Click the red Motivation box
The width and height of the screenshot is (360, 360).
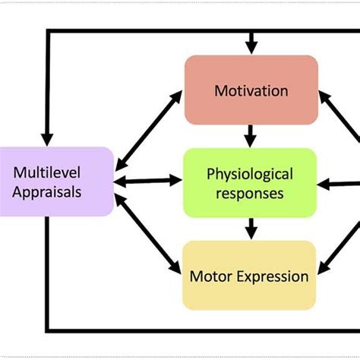click(251, 90)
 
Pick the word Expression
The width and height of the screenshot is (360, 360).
click(272, 276)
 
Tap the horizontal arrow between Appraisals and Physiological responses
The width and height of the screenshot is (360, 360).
click(149, 182)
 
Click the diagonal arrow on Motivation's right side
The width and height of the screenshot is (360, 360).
click(338, 114)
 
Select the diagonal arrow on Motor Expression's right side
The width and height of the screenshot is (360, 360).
click(338, 251)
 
